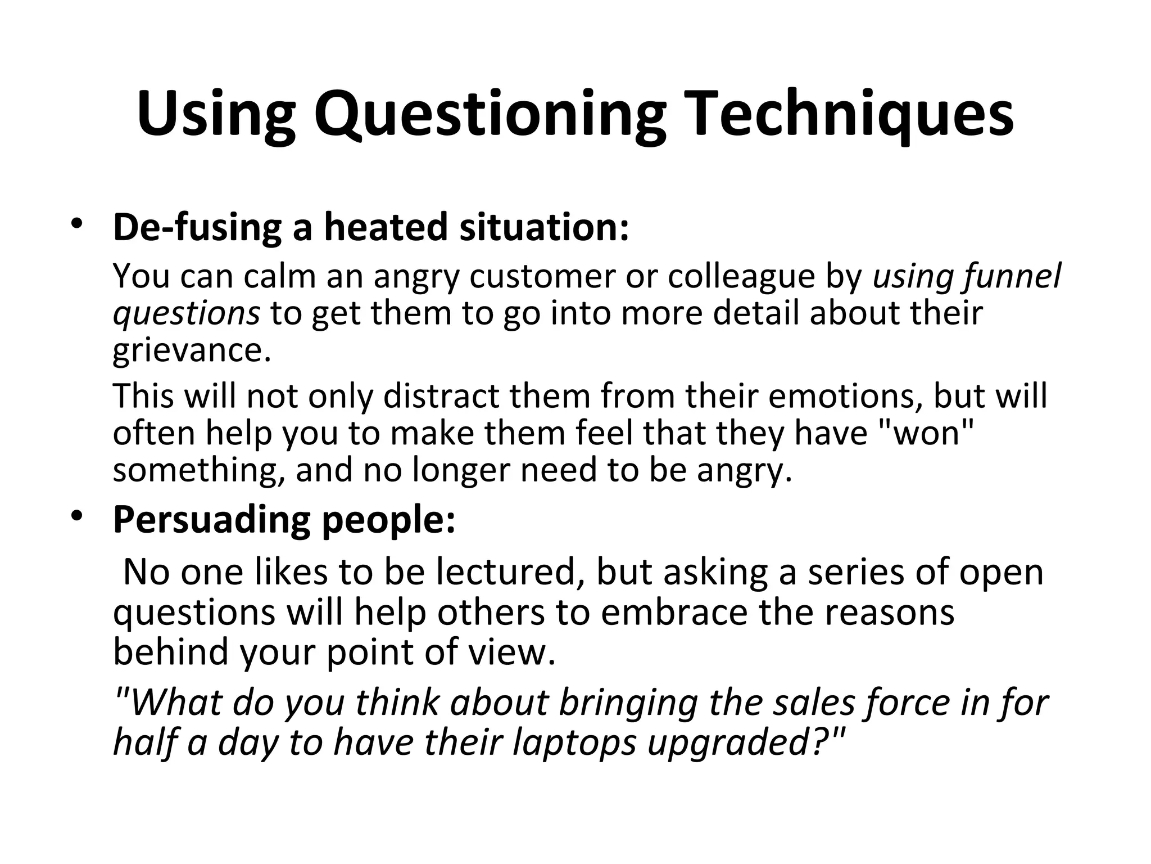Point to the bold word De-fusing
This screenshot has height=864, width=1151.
tap(197, 227)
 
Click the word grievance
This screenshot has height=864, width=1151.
tap(192, 350)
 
